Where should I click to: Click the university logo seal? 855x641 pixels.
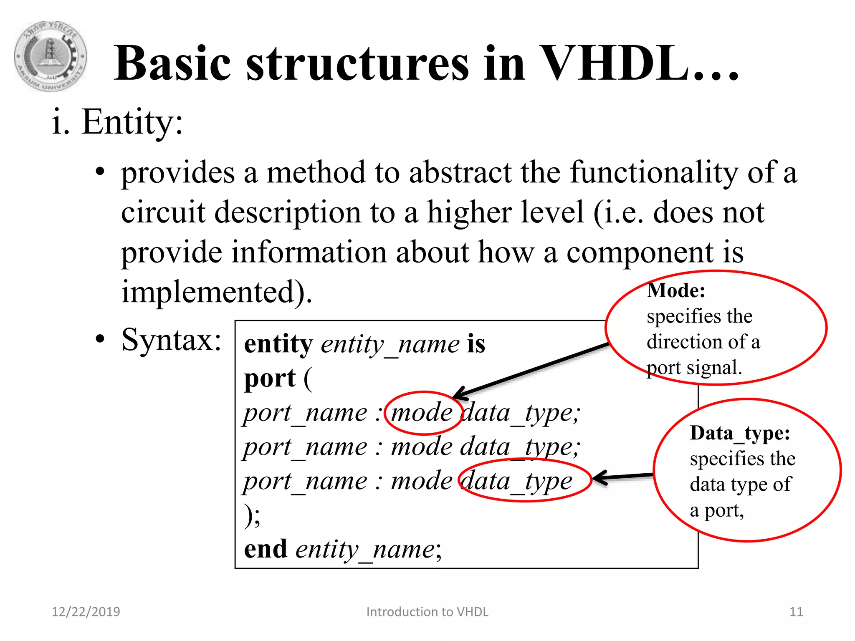tap(51, 56)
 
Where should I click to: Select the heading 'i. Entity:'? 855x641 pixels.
tap(117, 122)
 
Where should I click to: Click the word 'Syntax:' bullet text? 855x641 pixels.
tap(171, 340)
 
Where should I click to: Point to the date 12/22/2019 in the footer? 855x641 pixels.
tap(86, 612)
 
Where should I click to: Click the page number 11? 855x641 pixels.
tap(796, 612)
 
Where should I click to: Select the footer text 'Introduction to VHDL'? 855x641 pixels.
tap(427, 612)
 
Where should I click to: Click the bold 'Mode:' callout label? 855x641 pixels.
tap(676, 290)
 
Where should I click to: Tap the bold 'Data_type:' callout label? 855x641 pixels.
tap(740, 433)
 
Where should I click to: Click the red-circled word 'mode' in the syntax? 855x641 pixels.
tap(422, 413)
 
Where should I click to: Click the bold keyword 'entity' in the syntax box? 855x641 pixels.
tap(278, 344)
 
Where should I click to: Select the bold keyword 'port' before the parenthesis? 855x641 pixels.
tap(270, 379)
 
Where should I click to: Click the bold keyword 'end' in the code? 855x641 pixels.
tap(266, 549)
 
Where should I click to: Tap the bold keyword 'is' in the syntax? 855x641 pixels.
tap(476, 344)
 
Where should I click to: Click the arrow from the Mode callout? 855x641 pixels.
tap(530, 370)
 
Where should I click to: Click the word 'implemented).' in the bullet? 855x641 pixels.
tap(216, 292)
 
